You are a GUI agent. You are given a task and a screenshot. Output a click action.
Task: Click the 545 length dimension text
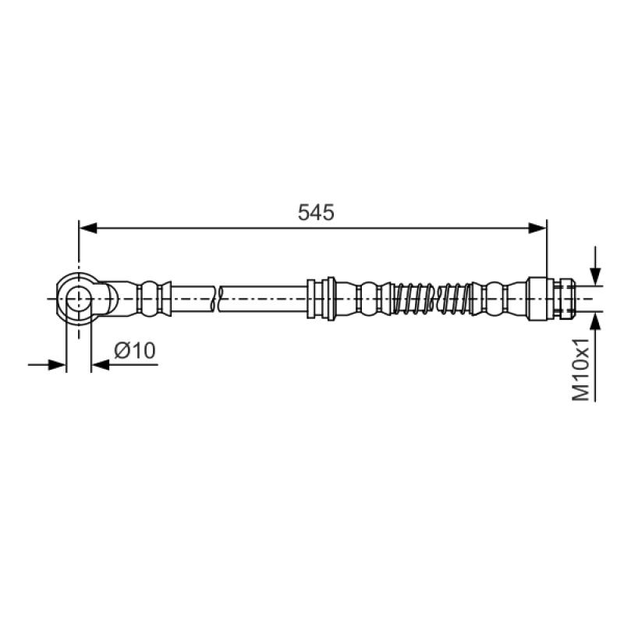[316, 212]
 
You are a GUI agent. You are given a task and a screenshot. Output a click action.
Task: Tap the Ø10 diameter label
[135, 350]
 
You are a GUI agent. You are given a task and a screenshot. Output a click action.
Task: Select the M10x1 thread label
[580, 369]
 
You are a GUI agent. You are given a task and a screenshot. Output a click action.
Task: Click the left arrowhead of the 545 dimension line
[88, 228]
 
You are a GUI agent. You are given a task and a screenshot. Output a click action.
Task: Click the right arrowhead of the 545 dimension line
[537, 228]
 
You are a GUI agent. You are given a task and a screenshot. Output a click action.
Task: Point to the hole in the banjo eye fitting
[79, 299]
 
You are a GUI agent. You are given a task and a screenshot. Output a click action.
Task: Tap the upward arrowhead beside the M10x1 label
[595, 321]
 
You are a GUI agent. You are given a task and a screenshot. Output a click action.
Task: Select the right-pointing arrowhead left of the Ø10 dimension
[57, 364]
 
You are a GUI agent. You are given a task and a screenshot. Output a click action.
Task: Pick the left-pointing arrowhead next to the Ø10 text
[101, 364]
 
